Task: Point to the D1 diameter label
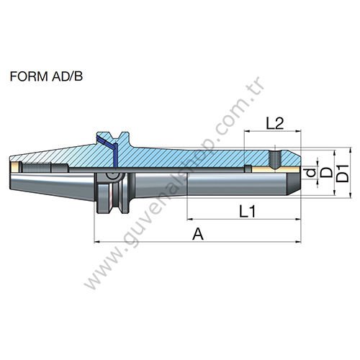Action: (x=343, y=174)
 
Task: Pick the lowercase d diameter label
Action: (x=309, y=173)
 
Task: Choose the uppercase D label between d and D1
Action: (x=325, y=174)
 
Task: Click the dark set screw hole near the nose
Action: (x=276, y=156)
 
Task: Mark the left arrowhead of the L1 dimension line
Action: (x=189, y=219)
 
